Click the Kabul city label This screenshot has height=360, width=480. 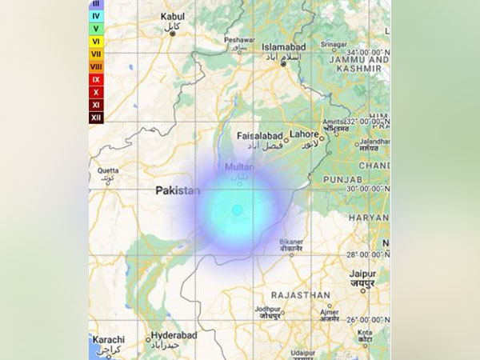(x=172, y=16)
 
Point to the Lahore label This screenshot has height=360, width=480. (x=306, y=134)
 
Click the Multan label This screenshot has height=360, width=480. (x=240, y=166)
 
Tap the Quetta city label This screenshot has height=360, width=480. (x=108, y=170)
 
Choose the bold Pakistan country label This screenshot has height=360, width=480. (x=178, y=190)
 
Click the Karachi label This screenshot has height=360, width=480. (x=108, y=339)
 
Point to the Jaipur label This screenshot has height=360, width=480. (x=363, y=274)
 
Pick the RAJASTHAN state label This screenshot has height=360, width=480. (x=300, y=294)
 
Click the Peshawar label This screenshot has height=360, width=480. (x=239, y=39)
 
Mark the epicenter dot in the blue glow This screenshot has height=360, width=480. (x=237, y=210)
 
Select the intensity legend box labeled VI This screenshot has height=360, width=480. (x=96, y=41)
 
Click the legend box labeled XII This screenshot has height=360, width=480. (x=96, y=118)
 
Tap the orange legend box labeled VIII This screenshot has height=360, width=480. (x=96, y=66)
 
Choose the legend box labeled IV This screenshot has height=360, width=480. (x=96, y=15)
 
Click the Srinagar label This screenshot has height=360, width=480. (x=334, y=45)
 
